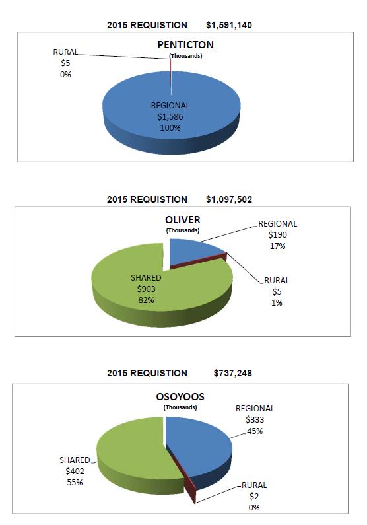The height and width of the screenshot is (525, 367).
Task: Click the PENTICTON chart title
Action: (x=185, y=44)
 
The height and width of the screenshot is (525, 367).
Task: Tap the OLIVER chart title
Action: (x=183, y=220)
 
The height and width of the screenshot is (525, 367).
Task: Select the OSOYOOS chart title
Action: (x=180, y=396)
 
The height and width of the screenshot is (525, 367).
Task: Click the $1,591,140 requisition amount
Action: (x=229, y=25)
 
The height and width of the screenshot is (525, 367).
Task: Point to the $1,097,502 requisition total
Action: (x=229, y=199)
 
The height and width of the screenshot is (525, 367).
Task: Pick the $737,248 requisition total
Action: (x=233, y=373)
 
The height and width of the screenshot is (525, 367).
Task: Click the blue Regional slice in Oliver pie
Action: (x=191, y=253)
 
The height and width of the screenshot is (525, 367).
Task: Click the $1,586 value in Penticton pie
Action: (x=170, y=116)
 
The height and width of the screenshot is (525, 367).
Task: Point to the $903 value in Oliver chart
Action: (x=146, y=289)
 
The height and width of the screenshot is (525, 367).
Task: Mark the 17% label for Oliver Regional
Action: (x=277, y=246)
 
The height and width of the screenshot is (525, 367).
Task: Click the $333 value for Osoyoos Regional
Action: (x=255, y=419)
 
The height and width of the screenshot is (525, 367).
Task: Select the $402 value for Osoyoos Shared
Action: (x=75, y=471)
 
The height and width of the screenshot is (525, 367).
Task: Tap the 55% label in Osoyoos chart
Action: (x=75, y=483)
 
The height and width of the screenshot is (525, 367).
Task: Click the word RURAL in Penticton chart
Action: (x=65, y=52)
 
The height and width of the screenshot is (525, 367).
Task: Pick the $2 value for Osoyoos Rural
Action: (x=254, y=496)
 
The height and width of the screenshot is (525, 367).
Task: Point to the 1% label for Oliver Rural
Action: (x=277, y=303)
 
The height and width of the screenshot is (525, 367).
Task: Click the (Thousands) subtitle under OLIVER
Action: (x=183, y=230)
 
